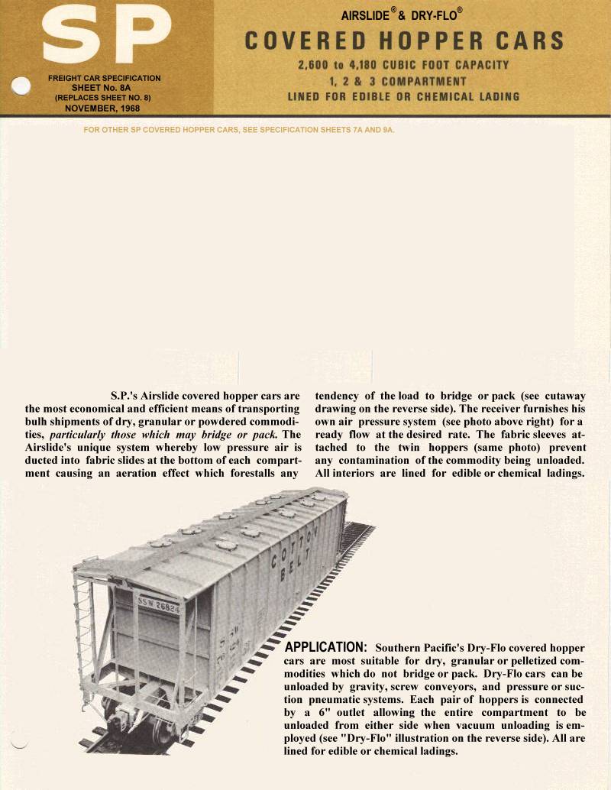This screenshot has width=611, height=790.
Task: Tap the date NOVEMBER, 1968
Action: (105, 108)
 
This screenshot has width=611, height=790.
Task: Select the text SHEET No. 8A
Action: (105, 88)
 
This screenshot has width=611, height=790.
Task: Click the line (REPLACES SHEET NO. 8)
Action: (105, 98)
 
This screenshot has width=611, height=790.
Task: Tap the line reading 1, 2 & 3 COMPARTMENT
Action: (403, 81)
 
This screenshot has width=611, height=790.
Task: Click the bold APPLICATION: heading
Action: (326, 648)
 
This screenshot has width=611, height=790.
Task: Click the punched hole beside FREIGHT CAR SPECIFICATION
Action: (21, 84)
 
